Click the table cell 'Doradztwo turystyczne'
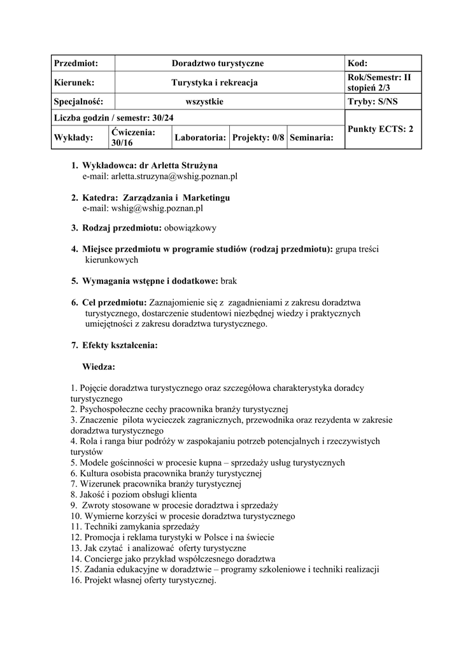(218, 64)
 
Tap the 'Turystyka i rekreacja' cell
(215, 82)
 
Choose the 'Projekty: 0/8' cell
(258, 137)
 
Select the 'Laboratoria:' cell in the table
(200, 137)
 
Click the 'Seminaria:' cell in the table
(312, 137)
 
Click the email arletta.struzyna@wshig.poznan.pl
(160, 176)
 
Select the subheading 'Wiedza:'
(99, 367)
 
